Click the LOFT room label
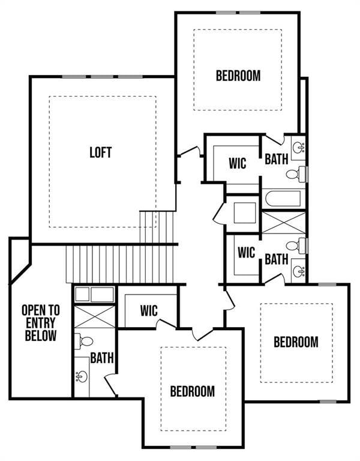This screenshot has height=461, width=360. pyautogui.click(x=101, y=152)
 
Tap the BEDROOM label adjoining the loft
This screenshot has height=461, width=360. pyautogui.click(x=238, y=76)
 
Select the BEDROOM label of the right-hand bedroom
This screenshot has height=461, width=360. pyautogui.click(x=296, y=342)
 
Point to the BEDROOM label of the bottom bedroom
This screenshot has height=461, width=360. pyautogui.click(x=192, y=391)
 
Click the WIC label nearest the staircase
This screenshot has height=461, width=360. pyautogui.click(x=149, y=311)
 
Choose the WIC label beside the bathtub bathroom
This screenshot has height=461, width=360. pyautogui.click(x=238, y=163)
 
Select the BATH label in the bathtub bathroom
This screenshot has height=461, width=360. pyautogui.click(x=276, y=158)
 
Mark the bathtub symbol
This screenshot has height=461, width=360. pyautogui.click(x=283, y=199)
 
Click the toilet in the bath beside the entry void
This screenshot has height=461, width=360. pyautogui.click(x=85, y=342)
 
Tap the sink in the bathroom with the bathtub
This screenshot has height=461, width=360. pyautogui.click(x=298, y=145)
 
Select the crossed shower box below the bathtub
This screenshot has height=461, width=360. pyautogui.click(x=283, y=223)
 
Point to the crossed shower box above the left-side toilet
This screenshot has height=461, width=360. pyautogui.click(x=94, y=316)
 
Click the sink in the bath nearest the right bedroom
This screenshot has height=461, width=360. pyautogui.click(x=297, y=271)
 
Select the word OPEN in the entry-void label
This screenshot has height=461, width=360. pyautogui.click(x=41, y=310)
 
